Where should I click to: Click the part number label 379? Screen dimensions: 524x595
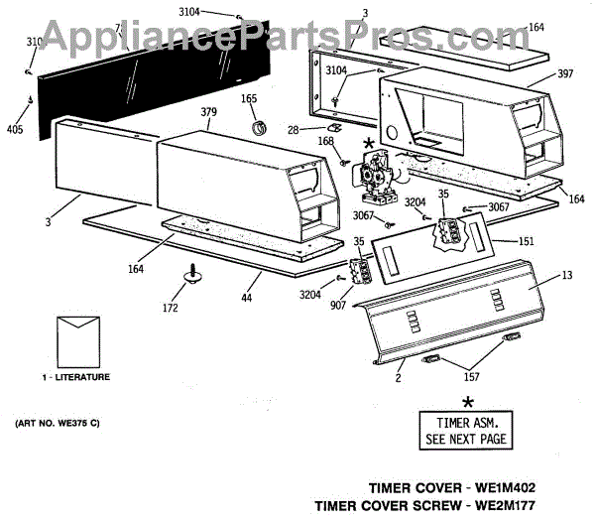coord(209,112)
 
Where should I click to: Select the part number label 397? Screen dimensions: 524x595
coord(538,74)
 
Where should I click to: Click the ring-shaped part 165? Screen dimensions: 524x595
coord(260,127)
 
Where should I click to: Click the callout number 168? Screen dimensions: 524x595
coord(325,140)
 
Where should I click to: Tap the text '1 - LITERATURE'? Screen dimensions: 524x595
coord(75,377)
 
